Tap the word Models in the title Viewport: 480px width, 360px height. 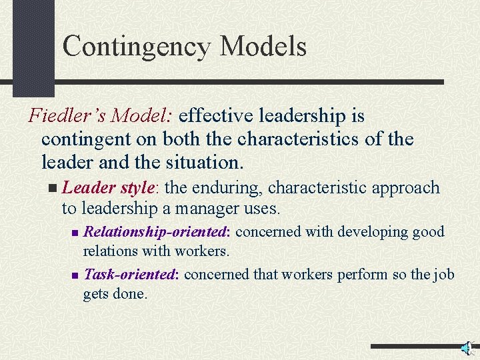click(263, 47)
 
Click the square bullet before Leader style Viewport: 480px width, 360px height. click(53, 189)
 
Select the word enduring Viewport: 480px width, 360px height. click(223, 188)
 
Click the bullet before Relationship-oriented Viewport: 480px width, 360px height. click(75, 233)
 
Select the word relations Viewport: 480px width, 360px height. click(105, 251)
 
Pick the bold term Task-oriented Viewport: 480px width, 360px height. click(131, 274)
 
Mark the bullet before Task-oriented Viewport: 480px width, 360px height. click(75, 275)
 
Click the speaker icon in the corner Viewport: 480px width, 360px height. click(467, 348)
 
